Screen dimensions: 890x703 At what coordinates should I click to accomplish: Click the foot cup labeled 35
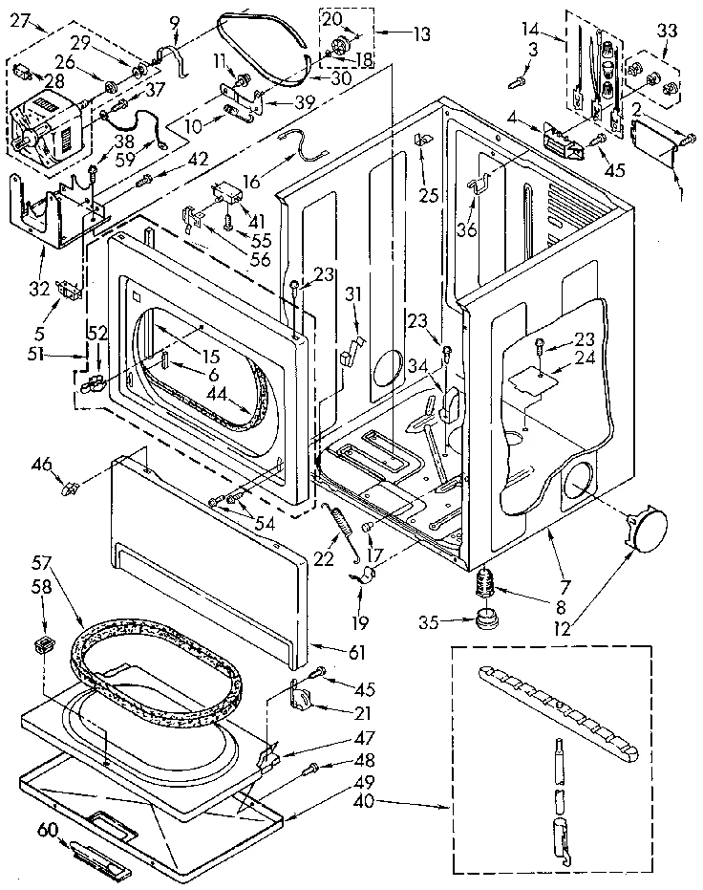[x=489, y=612]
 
